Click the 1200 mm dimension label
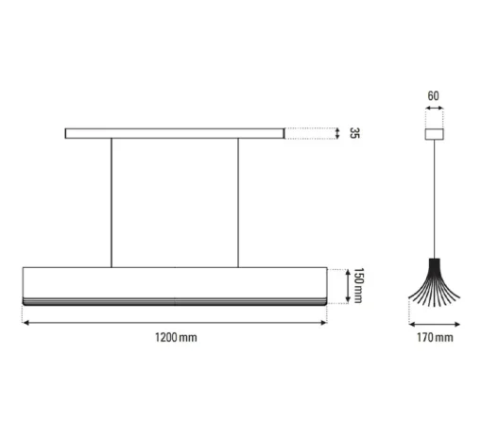[176, 337]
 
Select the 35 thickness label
[353, 133]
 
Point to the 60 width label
[434, 96]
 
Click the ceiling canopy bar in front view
[174, 133]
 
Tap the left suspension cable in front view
[112, 202]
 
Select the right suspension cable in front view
[238, 202]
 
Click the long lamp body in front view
[176, 281]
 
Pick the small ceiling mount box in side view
[434, 133]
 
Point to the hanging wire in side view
[434, 198]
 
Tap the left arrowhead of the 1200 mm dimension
[26, 322]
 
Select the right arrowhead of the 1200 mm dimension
[325, 322]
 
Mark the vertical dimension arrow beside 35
[337, 133]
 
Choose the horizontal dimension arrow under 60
[434, 110]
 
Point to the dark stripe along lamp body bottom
[176, 299]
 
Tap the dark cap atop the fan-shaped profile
[434, 262]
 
